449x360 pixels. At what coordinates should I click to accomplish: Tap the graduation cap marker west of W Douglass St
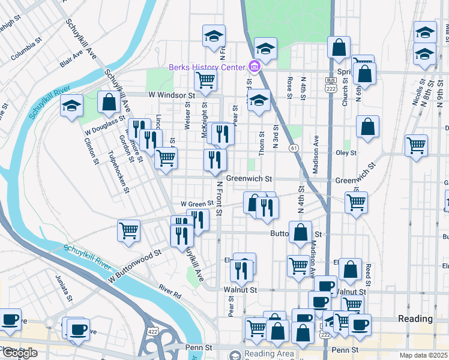[71, 107]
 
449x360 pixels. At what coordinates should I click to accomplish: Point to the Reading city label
[415, 319]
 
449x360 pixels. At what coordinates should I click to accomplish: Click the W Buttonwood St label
[135, 268]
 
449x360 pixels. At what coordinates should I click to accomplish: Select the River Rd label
[170, 292]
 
